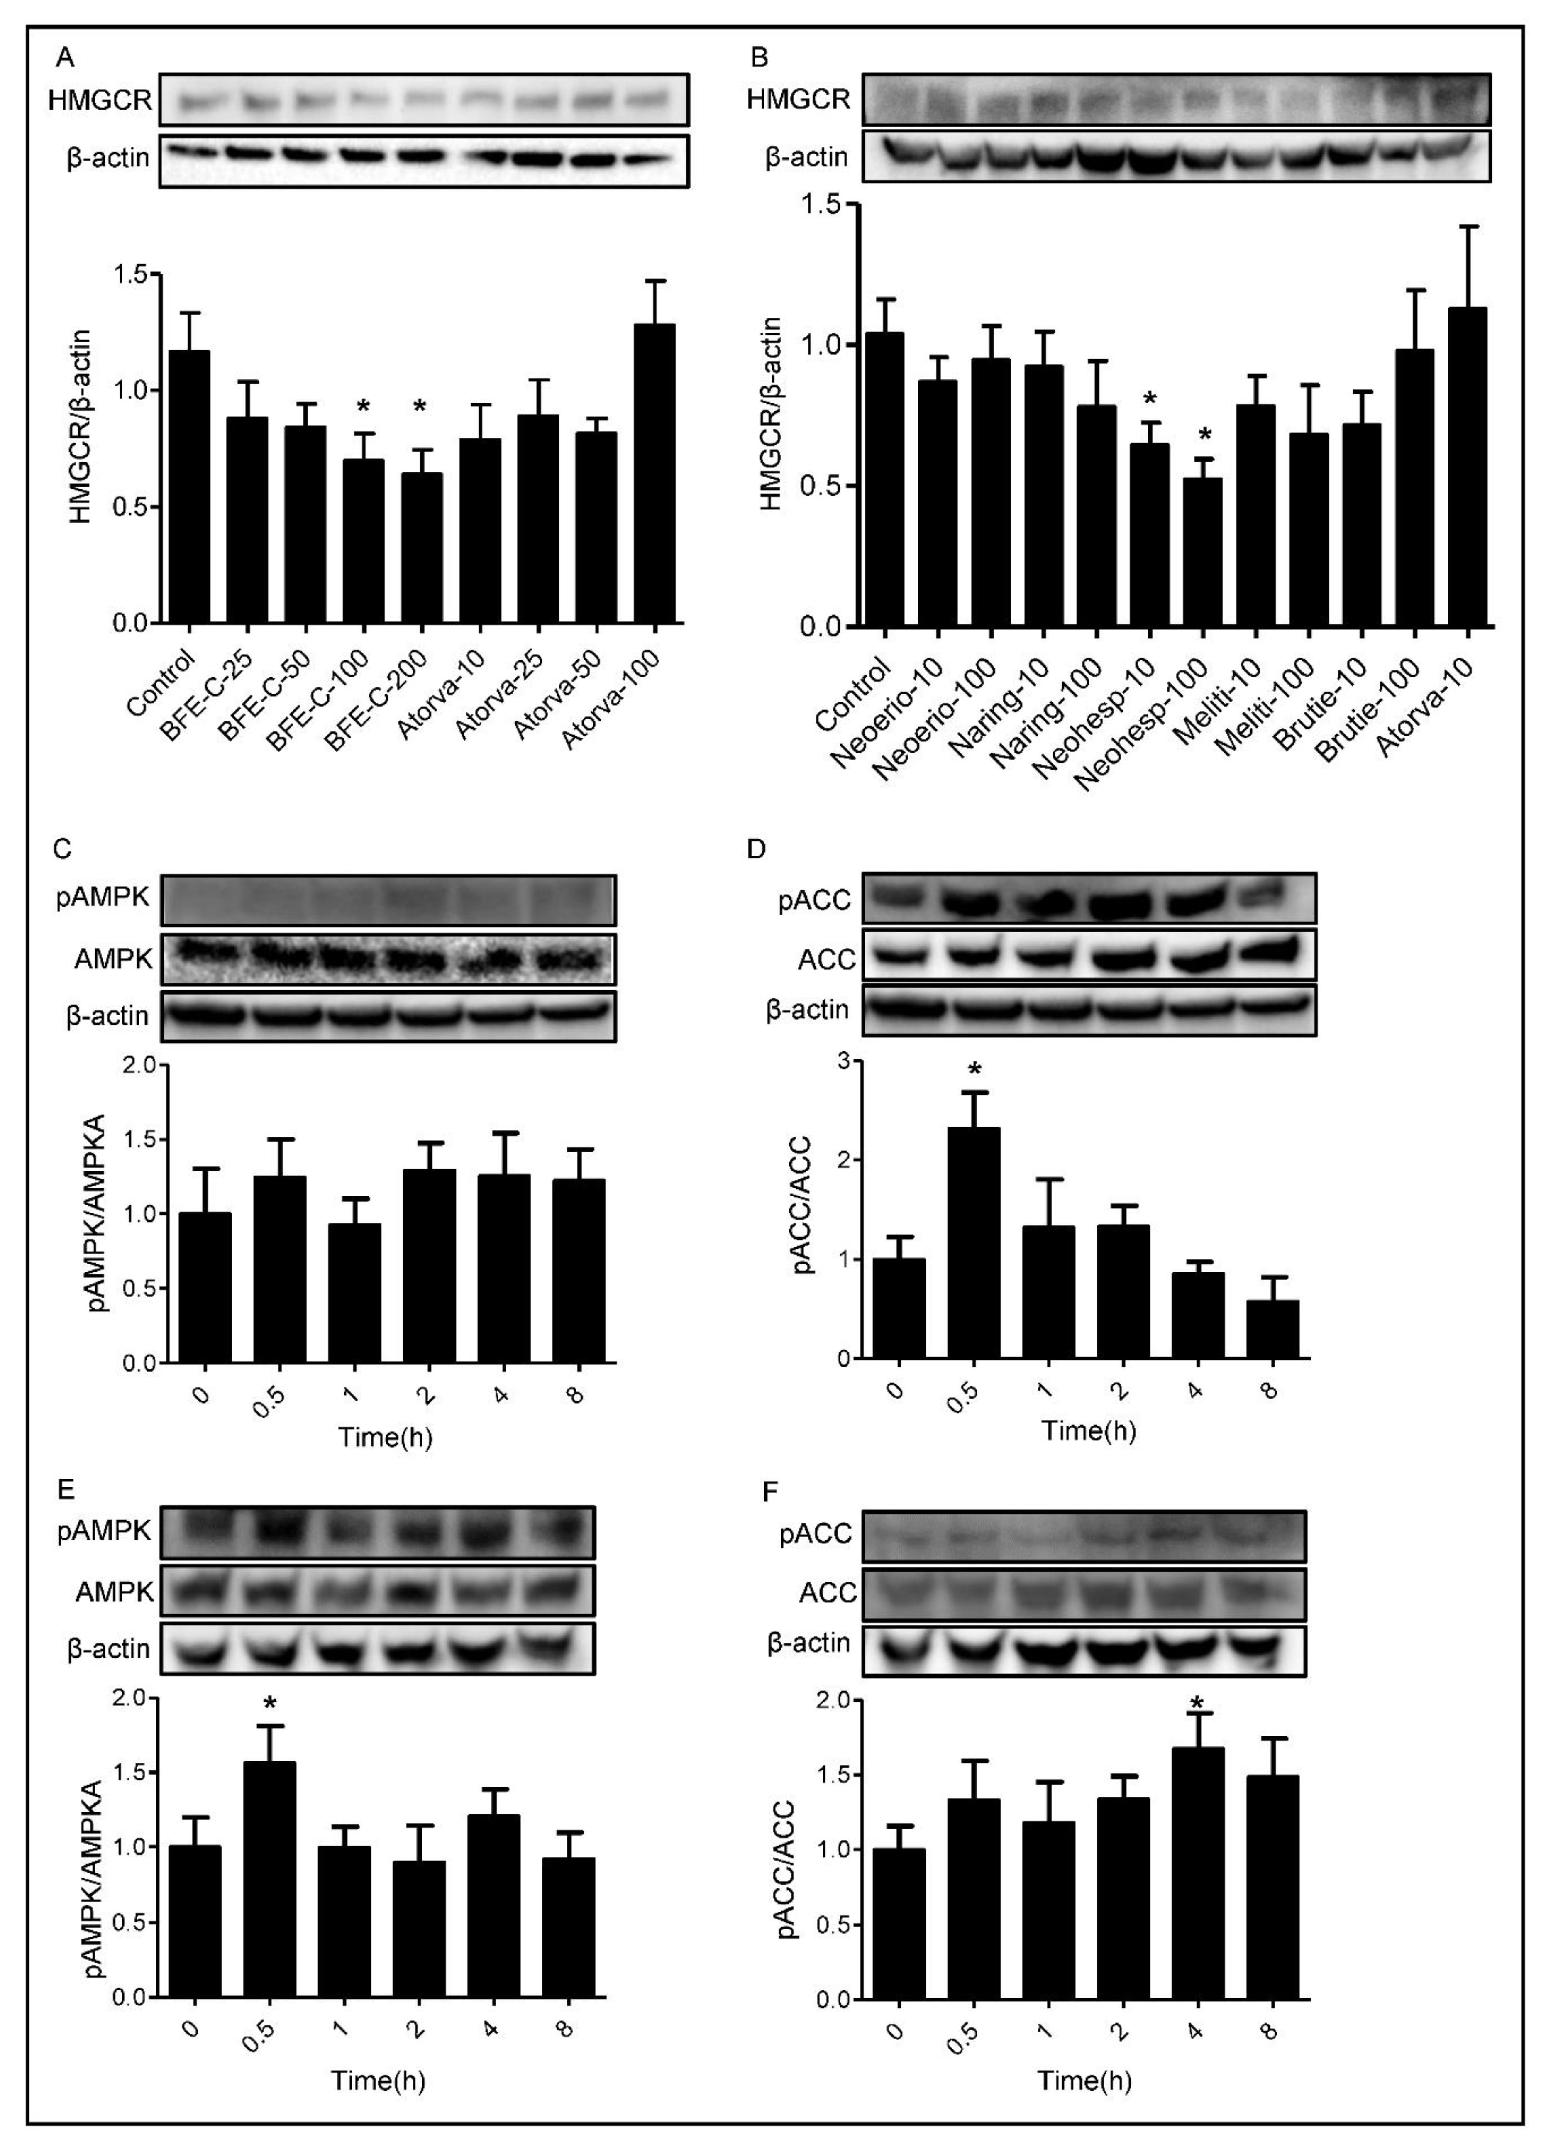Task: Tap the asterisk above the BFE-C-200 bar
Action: click(420, 407)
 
